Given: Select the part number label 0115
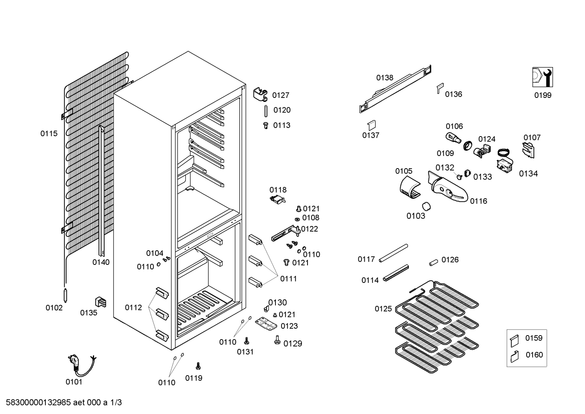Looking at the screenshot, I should (49, 133).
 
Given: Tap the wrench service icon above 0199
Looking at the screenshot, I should (543, 77).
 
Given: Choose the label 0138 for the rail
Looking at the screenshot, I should (384, 78).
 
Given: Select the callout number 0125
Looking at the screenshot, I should (383, 309).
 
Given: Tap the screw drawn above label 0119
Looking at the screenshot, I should (198, 366).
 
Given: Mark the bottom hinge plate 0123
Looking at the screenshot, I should (266, 324).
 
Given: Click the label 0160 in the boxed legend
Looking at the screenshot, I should (534, 355).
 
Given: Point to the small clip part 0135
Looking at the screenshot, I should (100, 302).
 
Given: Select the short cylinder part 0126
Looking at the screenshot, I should (433, 262).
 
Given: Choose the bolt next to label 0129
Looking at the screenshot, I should (277, 339).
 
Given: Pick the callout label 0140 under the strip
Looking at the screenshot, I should (101, 262).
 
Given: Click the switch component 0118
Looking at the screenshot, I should (277, 199).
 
